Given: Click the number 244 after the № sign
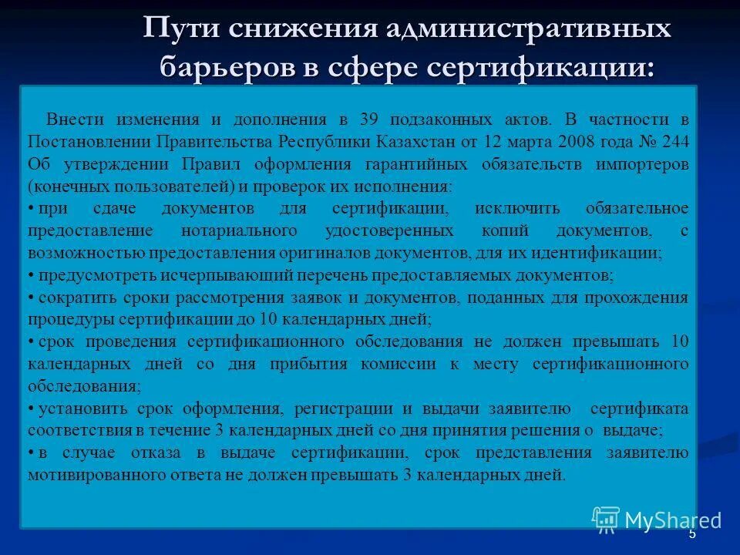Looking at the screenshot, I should tap(675, 142).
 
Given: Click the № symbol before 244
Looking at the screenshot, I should tap(647, 142).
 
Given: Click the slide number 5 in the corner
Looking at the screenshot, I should tap(691, 533).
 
